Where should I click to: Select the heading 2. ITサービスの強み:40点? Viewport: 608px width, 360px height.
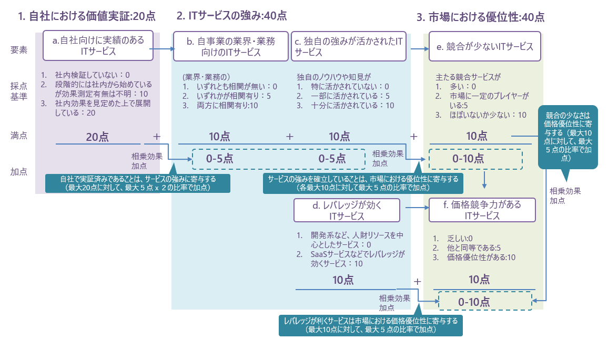[x=231, y=16]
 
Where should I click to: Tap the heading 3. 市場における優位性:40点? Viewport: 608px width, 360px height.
[x=480, y=17]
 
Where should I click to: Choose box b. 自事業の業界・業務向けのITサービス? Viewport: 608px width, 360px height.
[x=231, y=46]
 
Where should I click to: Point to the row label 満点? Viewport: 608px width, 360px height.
[x=19, y=136]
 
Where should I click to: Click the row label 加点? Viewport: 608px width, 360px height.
[x=19, y=171]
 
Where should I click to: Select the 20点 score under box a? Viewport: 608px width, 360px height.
[x=98, y=137]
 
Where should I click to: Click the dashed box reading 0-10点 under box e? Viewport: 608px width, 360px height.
[x=475, y=159]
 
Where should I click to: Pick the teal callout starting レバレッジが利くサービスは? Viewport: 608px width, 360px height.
[x=370, y=325]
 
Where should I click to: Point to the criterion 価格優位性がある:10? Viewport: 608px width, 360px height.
[x=481, y=257]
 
